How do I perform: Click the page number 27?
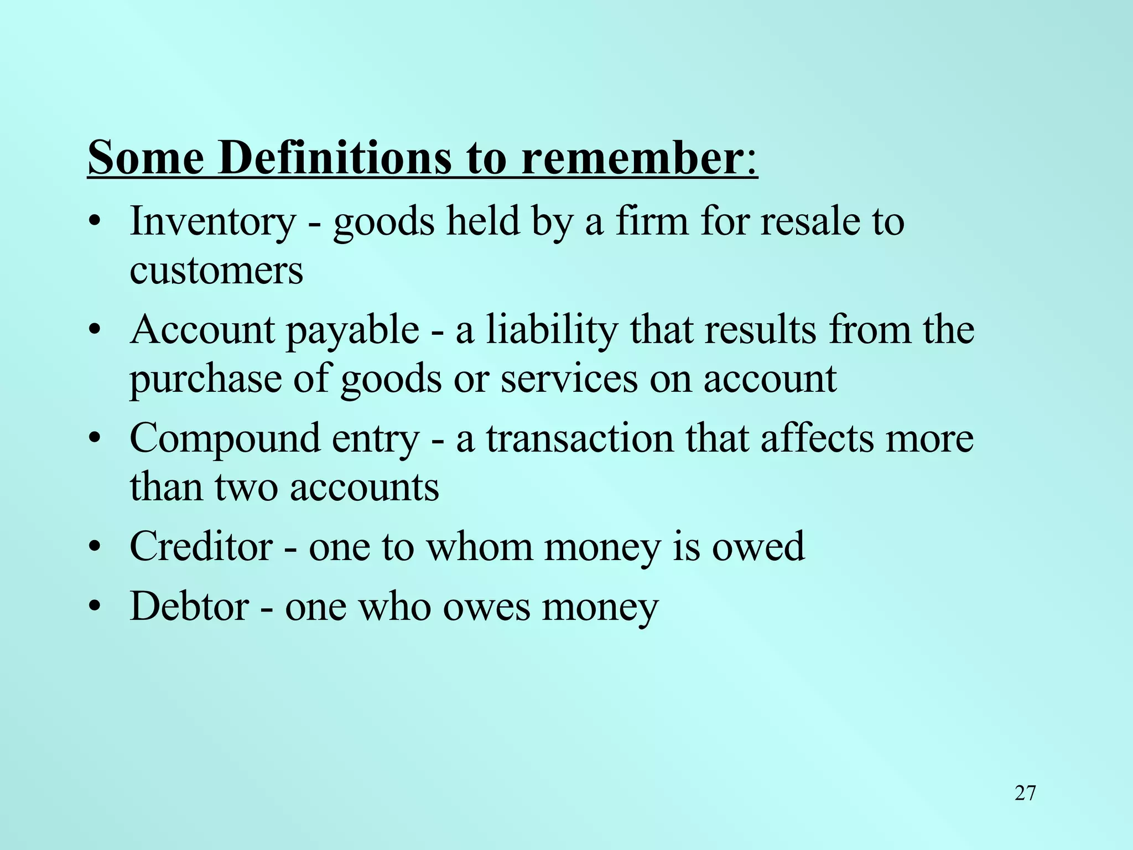click(1025, 793)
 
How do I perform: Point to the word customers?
click(216, 271)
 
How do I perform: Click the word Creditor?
click(201, 547)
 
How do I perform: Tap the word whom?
click(479, 547)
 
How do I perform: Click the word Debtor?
click(189, 607)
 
